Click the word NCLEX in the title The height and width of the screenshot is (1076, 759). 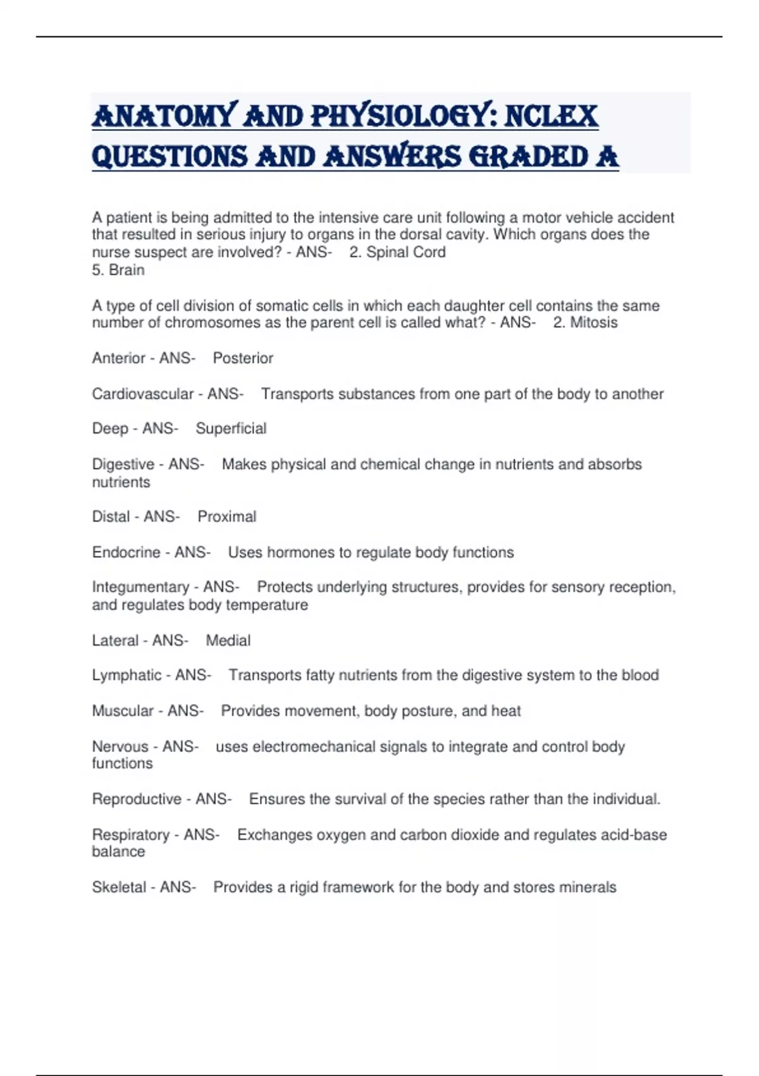(551, 116)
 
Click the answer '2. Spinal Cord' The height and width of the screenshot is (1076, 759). (397, 252)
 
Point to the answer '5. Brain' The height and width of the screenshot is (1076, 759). (118, 270)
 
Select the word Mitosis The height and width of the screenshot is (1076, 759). (593, 323)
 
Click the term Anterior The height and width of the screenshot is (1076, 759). (118, 358)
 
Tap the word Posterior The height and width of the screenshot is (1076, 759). (243, 358)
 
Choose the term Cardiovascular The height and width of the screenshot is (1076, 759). (142, 394)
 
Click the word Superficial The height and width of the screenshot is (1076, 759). (231, 429)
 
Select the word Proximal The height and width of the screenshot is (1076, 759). (226, 516)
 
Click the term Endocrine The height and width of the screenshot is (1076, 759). (126, 552)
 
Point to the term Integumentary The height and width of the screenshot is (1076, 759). (140, 587)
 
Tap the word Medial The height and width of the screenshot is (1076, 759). (228, 641)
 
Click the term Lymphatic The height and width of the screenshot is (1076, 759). (126, 675)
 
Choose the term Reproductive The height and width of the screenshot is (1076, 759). (137, 799)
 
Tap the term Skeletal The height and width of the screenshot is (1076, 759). (119, 887)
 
